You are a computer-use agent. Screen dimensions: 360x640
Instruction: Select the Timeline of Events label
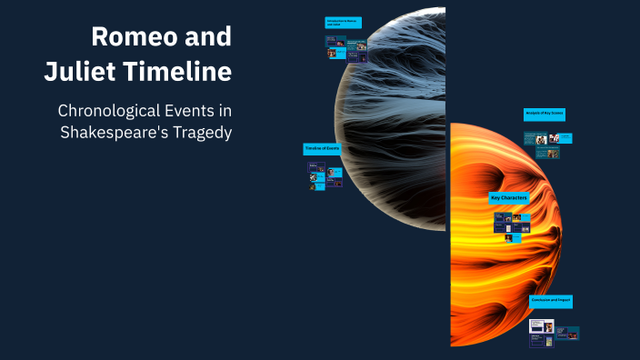click(x=323, y=148)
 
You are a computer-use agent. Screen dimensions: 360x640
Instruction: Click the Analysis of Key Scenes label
click(x=544, y=114)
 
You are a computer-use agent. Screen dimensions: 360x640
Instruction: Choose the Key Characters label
click(x=509, y=198)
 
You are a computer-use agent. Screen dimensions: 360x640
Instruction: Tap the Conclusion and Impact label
click(x=551, y=301)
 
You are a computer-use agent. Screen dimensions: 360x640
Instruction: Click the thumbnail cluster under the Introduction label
click(x=346, y=49)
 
